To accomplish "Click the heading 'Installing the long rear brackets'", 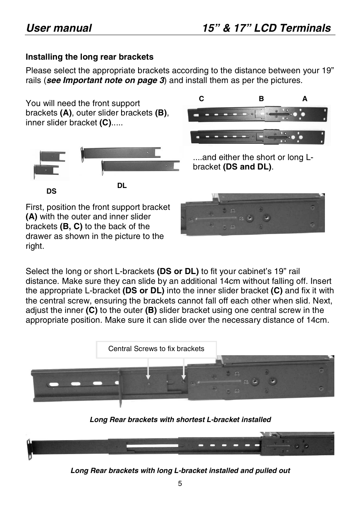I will click(89, 57).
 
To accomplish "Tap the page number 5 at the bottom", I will click(180, 484).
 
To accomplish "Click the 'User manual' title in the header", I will click(59, 28).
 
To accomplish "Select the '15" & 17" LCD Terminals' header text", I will click(266, 28).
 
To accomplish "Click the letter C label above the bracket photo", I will click(202, 99).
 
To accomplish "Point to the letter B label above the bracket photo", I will click(261, 99).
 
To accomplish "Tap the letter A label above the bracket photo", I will click(305, 99).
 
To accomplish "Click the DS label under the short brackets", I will click(51, 191).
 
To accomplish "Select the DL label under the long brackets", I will click(122, 186).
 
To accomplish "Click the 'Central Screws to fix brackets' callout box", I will click(156, 349).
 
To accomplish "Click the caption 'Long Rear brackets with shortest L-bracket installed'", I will click(180, 420).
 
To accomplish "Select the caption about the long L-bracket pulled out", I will click(180, 471).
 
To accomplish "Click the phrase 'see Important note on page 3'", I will click(105, 80).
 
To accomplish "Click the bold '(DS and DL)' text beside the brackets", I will click(247, 167).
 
